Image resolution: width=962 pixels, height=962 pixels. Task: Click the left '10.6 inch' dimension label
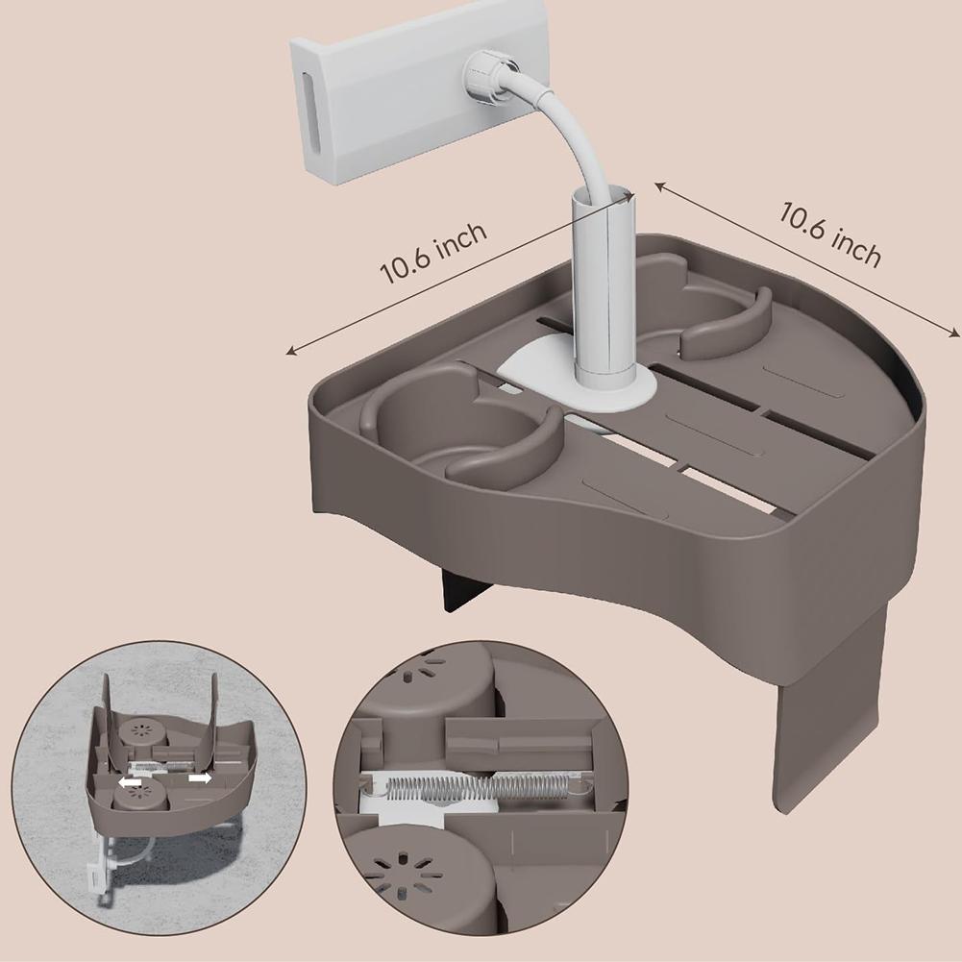[x=434, y=253]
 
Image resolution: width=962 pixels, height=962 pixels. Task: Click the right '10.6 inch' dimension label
[x=828, y=234]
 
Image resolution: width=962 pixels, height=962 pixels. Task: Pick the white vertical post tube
[x=603, y=288]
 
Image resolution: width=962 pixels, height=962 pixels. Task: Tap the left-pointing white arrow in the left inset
[x=130, y=783]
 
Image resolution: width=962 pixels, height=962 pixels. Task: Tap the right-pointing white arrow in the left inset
[x=200, y=777]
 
